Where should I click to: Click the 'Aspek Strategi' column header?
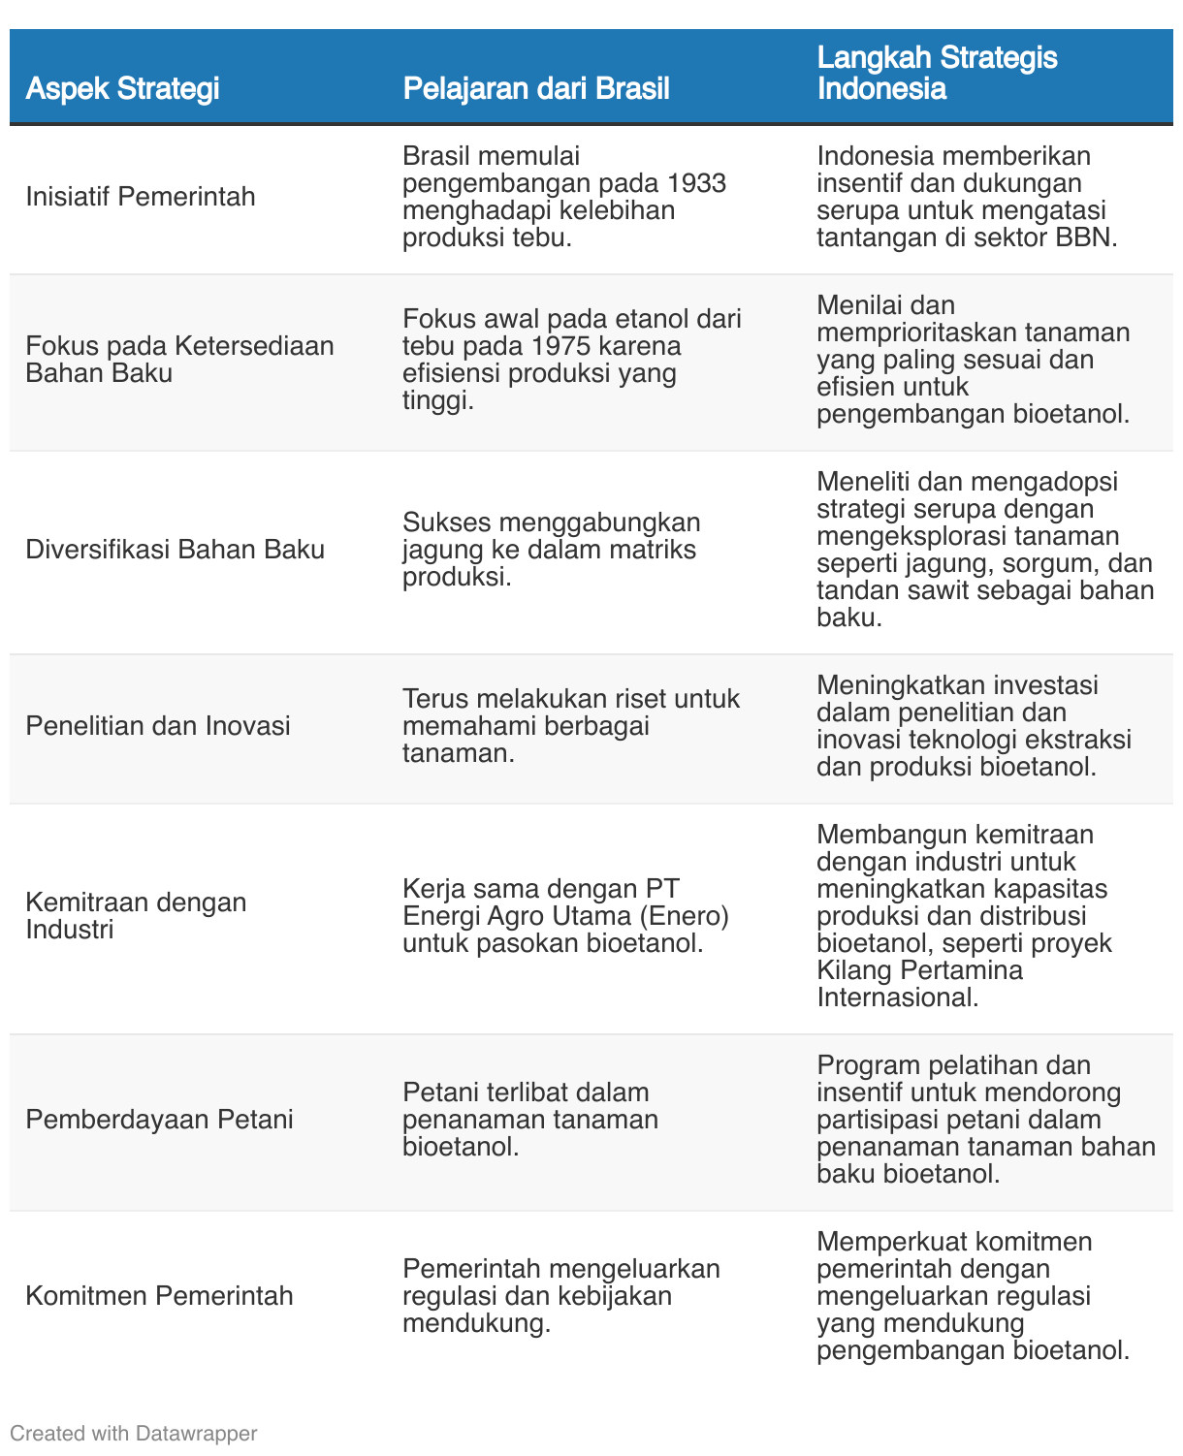122,89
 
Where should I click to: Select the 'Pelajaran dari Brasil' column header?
535,89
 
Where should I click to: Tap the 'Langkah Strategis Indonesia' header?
937,74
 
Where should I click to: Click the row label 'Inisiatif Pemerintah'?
141,197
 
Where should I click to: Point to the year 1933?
696,183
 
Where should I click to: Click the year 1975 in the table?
571,346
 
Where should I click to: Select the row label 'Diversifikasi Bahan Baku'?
175,550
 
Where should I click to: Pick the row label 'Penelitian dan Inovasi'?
158,726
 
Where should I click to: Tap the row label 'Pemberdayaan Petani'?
159,1120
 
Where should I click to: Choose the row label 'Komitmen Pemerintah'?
159,1296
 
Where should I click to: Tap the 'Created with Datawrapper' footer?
134,1433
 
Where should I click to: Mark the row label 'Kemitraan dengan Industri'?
136,916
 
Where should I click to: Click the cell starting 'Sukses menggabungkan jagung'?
551,550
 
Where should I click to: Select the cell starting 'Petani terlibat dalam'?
529,1120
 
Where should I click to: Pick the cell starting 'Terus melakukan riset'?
570,726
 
